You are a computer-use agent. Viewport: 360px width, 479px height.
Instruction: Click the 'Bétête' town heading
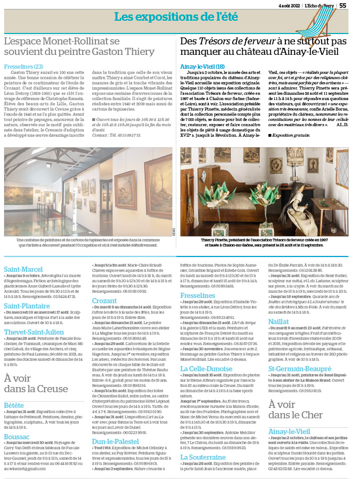point(14,391)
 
